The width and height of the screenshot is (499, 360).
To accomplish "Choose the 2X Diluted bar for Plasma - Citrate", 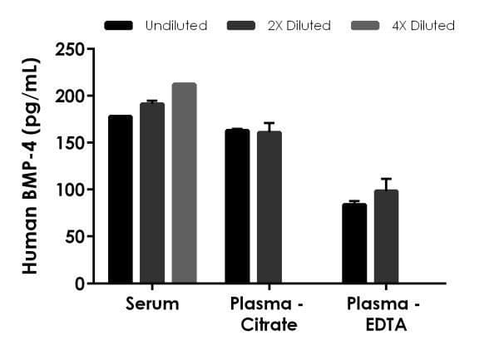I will (x=269, y=208).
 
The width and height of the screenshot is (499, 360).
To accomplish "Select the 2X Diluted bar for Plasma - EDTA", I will (x=386, y=237).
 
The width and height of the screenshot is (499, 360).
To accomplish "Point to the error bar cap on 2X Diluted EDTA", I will (x=386, y=179).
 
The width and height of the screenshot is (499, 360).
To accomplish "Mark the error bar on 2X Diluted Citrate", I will (x=269, y=126).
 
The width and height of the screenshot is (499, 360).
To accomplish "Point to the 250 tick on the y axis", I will (x=88, y=50).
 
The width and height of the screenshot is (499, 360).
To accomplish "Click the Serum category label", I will (x=152, y=303).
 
